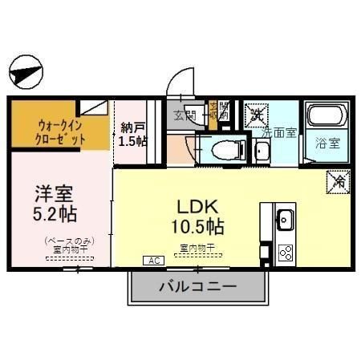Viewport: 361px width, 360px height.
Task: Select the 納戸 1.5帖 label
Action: click(132, 134)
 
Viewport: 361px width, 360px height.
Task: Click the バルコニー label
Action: click(197, 286)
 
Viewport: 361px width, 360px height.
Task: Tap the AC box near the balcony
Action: click(152, 261)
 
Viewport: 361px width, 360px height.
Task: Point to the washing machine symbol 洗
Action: click(255, 113)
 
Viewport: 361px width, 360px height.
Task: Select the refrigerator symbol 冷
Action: click(336, 183)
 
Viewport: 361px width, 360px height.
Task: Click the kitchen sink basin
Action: click(285, 218)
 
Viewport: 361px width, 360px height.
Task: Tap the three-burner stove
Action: click(285, 252)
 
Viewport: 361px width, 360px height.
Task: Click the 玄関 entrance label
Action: click(185, 115)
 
